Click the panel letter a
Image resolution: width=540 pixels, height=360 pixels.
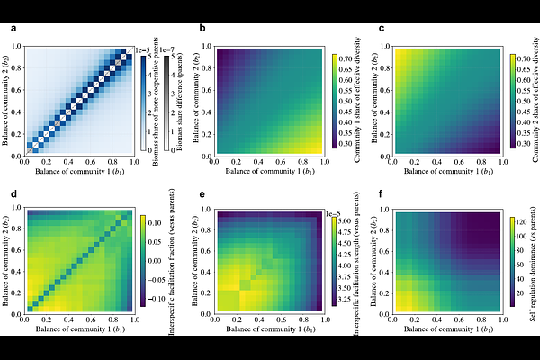[x=13, y=30]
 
